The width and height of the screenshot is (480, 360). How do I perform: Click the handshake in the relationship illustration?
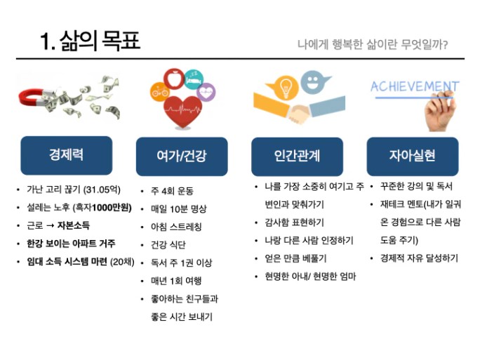click(298, 112)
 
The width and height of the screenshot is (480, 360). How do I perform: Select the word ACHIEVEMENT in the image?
click(414, 88)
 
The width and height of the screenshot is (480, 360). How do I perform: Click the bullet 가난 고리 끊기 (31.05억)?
click(73, 190)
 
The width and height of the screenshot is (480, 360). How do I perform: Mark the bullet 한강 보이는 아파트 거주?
click(70, 244)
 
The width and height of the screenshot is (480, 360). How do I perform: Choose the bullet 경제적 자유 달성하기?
click(418, 258)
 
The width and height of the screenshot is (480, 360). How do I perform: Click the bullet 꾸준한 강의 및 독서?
click(415, 187)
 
